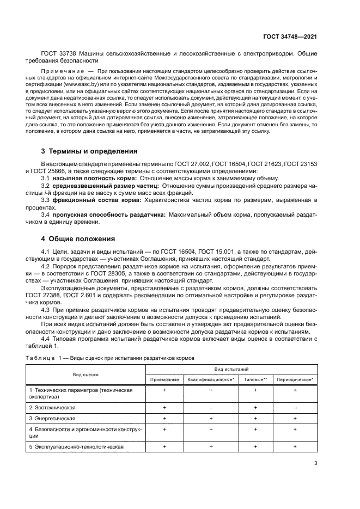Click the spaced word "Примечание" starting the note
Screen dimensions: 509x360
pyautogui.click(x=62, y=71)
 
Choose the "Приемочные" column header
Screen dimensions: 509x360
pyautogui.click(x=164, y=379)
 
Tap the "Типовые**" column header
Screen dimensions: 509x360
pyautogui.click(x=255, y=379)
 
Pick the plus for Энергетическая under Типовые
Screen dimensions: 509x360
pyautogui.click(x=255, y=418)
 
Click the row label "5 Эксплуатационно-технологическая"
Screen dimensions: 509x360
pyautogui.click(x=77, y=446)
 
